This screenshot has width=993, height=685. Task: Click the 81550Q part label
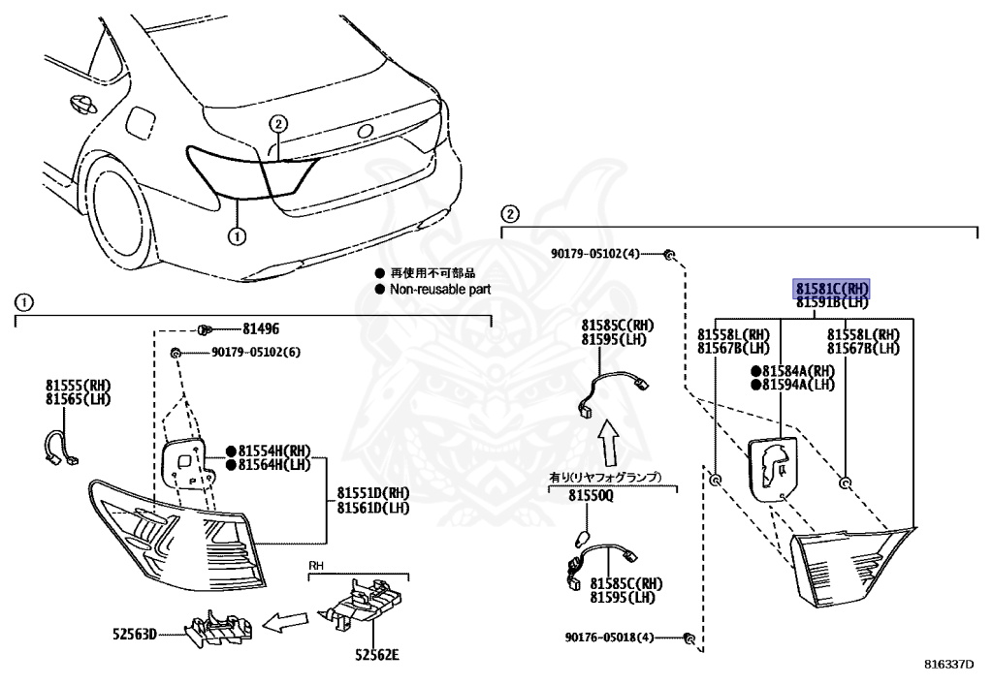(591, 496)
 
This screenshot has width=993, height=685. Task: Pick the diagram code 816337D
(948, 666)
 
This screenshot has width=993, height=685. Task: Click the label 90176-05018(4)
(610, 638)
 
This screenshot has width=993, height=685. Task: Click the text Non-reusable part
(440, 289)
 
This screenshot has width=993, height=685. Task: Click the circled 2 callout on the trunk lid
(278, 123)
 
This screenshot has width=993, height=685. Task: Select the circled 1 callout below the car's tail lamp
(237, 234)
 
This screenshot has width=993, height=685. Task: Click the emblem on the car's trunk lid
(365, 131)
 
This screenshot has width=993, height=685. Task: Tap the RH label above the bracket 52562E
(316, 564)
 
